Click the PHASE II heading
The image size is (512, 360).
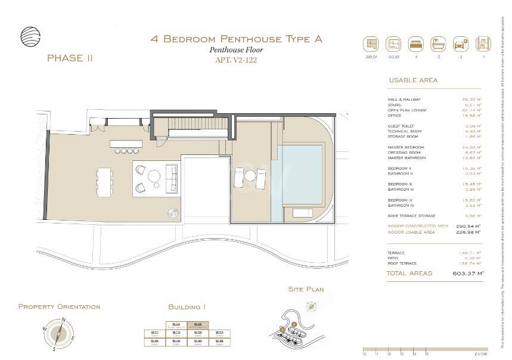click(x=69, y=58)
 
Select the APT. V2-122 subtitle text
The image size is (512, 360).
click(x=236, y=60)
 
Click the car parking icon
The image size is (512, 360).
click(x=460, y=44)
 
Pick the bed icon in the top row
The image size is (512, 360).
click(x=415, y=44)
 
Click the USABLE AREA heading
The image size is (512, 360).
click(x=412, y=80)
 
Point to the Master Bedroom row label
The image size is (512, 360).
click(x=406, y=147)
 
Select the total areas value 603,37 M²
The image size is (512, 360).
click(x=468, y=274)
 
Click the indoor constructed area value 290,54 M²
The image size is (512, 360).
click(x=468, y=226)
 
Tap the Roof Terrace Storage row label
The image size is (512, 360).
click(x=411, y=216)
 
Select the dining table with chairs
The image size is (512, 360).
click(x=105, y=182)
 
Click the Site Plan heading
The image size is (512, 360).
click(x=306, y=289)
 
